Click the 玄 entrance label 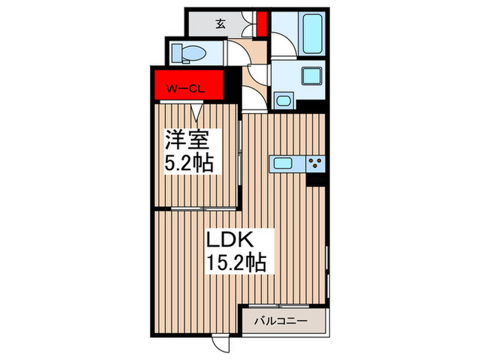pyautogui.click(x=220, y=23)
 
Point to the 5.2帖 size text pyautogui.click(x=189, y=164)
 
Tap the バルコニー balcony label pyautogui.click(x=282, y=320)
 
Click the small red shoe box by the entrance pyautogui.click(x=261, y=23)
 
